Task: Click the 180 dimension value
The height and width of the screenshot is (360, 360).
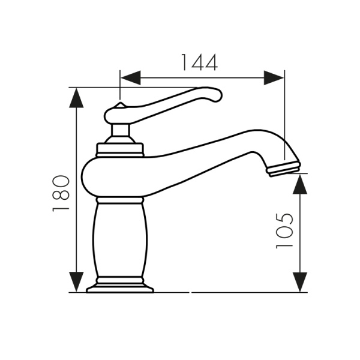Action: tap(61, 193)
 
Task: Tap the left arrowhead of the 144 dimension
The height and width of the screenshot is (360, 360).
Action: tap(130, 77)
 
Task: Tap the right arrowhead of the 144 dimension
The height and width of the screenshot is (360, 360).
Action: tap(274, 77)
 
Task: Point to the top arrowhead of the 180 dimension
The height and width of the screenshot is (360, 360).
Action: tap(76, 98)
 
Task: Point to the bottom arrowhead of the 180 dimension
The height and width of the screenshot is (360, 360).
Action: tap(76, 281)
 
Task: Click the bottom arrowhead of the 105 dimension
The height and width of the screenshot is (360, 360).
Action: tap(299, 281)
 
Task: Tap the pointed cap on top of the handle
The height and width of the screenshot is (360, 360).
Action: tap(119, 106)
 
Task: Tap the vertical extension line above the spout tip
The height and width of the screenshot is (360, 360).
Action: tap(284, 120)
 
